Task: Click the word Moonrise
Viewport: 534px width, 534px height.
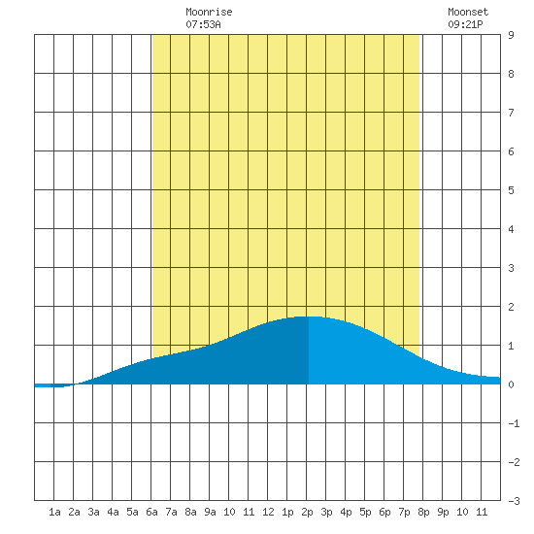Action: pyautogui.click(x=209, y=12)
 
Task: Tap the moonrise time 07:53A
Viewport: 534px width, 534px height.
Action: pyautogui.click(x=203, y=24)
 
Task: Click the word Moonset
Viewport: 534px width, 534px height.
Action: pyautogui.click(x=468, y=12)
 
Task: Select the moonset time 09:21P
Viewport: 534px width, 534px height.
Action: pyautogui.click(x=465, y=24)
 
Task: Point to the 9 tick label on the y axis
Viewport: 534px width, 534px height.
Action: pyautogui.click(x=511, y=35)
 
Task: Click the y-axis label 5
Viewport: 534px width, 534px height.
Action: pyautogui.click(x=511, y=190)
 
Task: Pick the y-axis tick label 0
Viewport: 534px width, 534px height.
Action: pyautogui.click(x=511, y=384)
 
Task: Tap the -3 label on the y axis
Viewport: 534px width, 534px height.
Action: pyautogui.click(x=514, y=501)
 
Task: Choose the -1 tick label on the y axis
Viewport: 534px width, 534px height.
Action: pyautogui.click(x=514, y=423)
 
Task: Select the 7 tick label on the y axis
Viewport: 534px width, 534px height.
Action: pyautogui.click(x=511, y=113)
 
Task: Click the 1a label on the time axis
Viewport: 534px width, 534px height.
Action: pyautogui.click(x=54, y=512)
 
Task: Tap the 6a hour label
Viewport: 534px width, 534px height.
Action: pyautogui.click(x=151, y=512)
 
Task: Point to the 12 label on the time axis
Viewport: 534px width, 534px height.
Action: pyautogui.click(x=268, y=512)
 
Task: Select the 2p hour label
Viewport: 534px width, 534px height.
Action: pyautogui.click(x=307, y=512)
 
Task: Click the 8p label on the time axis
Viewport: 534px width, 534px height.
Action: pyautogui.click(x=423, y=512)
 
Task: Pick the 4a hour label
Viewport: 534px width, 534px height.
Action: pyautogui.click(x=113, y=512)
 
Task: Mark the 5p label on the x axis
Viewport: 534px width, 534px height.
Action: pyautogui.click(x=365, y=512)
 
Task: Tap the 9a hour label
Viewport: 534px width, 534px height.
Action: pyautogui.click(x=210, y=512)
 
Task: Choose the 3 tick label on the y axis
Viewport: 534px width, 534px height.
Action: pyautogui.click(x=511, y=268)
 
